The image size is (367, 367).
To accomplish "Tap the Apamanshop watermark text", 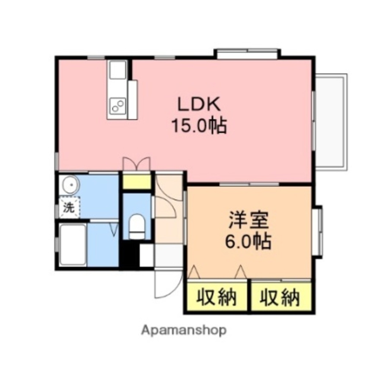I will (x=183, y=330).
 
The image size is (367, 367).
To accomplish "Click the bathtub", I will (x=73, y=244).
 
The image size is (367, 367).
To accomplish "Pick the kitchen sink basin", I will (x=117, y=69).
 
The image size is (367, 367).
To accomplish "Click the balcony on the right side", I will (x=331, y=121).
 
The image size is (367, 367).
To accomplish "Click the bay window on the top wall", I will (x=247, y=53).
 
